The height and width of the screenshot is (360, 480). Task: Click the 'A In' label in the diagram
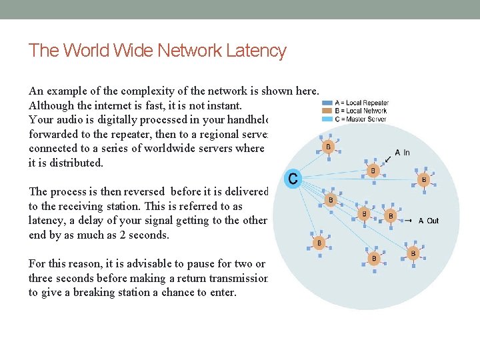click(403, 152)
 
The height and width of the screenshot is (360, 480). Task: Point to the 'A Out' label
click(429, 221)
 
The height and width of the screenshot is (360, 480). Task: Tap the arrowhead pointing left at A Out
click(412, 221)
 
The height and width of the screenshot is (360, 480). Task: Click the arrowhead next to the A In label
click(389, 158)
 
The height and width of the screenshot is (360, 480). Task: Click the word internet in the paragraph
click(113, 105)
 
